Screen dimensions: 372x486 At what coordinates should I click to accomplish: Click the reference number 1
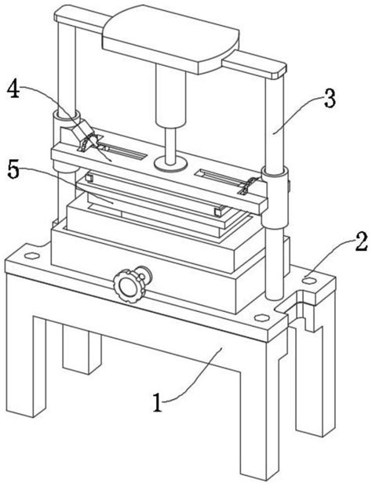click(x=158, y=403)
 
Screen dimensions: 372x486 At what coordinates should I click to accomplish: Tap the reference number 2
click(x=361, y=241)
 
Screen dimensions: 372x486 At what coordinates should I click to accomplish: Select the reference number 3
click(x=330, y=97)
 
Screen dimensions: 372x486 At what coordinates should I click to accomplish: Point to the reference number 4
click(x=13, y=88)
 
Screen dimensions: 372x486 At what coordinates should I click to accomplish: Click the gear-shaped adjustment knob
click(x=129, y=286)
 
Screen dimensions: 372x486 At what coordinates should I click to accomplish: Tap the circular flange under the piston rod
click(x=170, y=162)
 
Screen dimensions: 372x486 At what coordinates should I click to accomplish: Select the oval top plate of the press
click(x=171, y=39)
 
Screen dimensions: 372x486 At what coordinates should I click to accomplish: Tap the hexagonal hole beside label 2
click(x=308, y=281)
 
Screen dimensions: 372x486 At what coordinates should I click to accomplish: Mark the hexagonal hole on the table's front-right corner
click(x=261, y=318)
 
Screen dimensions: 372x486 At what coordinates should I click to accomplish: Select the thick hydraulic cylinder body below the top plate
click(x=171, y=95)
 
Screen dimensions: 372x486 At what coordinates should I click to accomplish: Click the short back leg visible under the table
click(x=82, y=350)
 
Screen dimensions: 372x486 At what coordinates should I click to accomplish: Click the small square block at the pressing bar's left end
click(x=89, y=178)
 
